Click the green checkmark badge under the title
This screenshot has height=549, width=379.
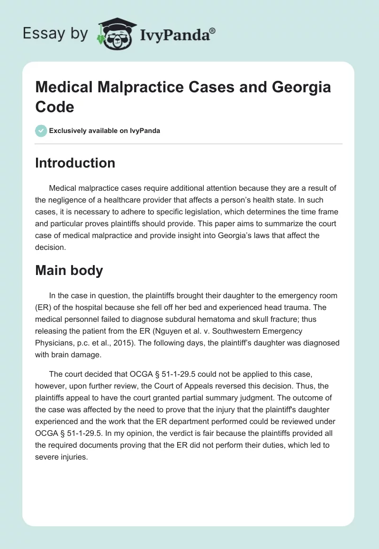41,131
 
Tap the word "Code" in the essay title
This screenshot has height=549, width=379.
54,106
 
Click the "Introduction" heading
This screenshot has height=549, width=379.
75,163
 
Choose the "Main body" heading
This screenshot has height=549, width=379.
69,270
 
